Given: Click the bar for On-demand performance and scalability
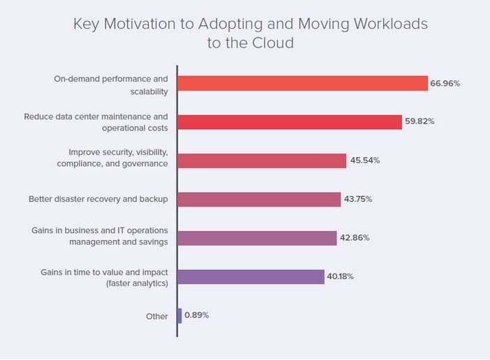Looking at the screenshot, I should [x=302, y=83].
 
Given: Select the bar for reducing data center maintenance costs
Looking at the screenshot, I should [x=290, y=122].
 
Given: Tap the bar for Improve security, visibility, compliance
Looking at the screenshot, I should [x=262, y=160].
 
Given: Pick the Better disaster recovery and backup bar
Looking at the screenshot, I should [x=259, y=200].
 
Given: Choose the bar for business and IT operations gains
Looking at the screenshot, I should [x=257, y=238].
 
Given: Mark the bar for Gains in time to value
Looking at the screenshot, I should [x=251, y=277].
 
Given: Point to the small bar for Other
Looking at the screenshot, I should [x=180, y=315].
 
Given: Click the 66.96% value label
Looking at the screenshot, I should [x=445, y=83].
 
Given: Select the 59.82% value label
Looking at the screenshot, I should [x=420, y=122].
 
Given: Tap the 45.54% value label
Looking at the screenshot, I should [x=364, y=160].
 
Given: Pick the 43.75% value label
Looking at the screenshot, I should [x=358, y=200].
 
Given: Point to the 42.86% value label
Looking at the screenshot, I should [x=355, y=238].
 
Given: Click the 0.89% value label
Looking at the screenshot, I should [x=197, y=315].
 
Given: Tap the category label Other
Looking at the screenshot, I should [x=157, y=316].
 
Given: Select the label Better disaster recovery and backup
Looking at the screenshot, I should [x=98, y=200].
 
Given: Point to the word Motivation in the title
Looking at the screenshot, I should [x=142, y=24].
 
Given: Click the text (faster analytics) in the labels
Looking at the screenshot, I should [x=136, y=283].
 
